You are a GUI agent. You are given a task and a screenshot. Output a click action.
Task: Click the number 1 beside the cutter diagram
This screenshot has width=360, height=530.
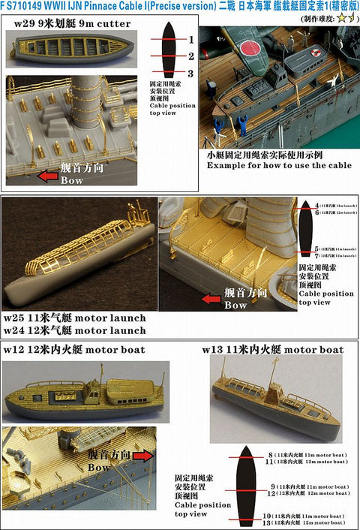(191, 38)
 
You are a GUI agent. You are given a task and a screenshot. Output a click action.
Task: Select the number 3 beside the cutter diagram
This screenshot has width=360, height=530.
(191, 74)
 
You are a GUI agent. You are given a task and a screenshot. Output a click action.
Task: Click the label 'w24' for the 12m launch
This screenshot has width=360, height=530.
(16, 330)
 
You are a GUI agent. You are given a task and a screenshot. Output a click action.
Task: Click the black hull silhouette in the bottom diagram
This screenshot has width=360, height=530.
(248, 484)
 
